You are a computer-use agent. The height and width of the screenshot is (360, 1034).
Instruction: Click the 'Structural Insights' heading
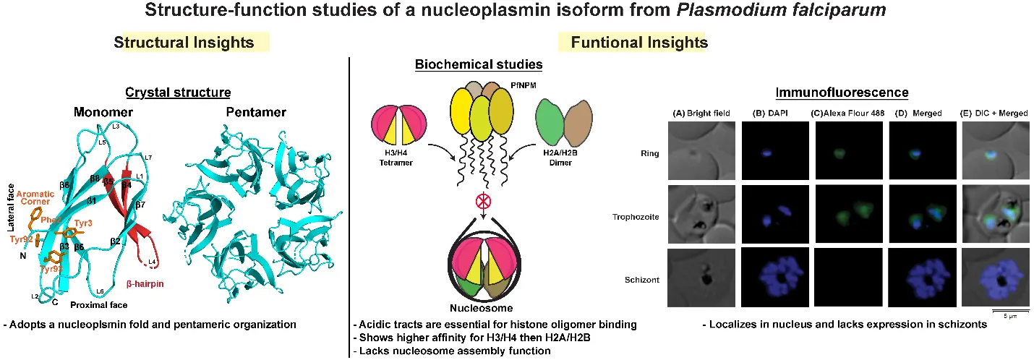point(184,43)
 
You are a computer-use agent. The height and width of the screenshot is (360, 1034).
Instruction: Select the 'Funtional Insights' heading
point(639,43)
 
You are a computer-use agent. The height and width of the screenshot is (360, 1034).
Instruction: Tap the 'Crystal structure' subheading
point(178,93)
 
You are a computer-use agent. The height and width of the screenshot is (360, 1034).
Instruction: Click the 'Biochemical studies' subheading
point(479,64)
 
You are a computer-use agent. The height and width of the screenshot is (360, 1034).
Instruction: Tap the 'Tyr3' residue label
point(83,223)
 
